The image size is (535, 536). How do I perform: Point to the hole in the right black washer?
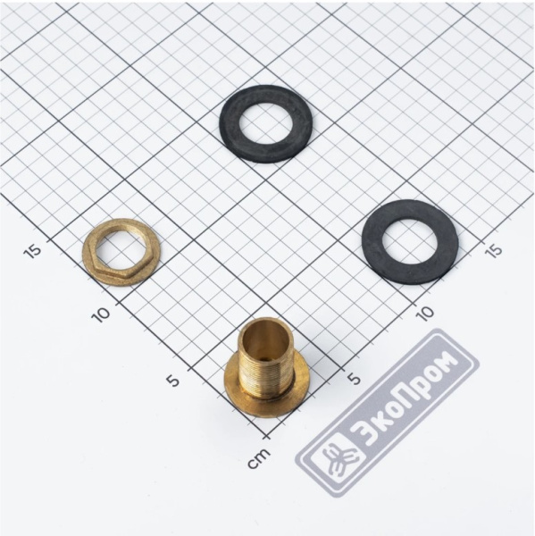click(x=410, y=241)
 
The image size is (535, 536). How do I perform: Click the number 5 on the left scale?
click(x=173, y=380)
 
